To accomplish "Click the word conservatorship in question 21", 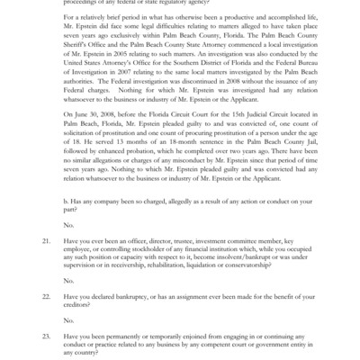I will tap(268, 265).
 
